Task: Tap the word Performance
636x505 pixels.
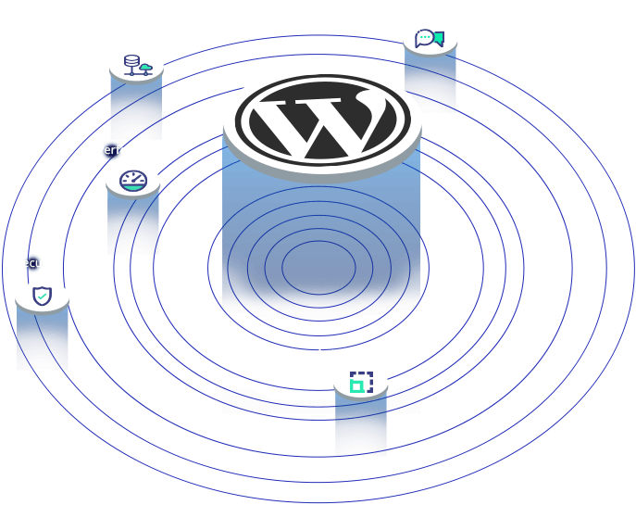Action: (x=133, y=150)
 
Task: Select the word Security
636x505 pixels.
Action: (x=38, y=263)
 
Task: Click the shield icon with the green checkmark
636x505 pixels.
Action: (x=42, y=297)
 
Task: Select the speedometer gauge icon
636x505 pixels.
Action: (x=132, y=181)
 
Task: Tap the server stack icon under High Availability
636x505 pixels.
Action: (x=136, y=65)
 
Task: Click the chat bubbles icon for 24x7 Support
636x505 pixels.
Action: (x=430, y=39)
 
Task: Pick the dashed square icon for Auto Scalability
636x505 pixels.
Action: (x=360, y=381)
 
